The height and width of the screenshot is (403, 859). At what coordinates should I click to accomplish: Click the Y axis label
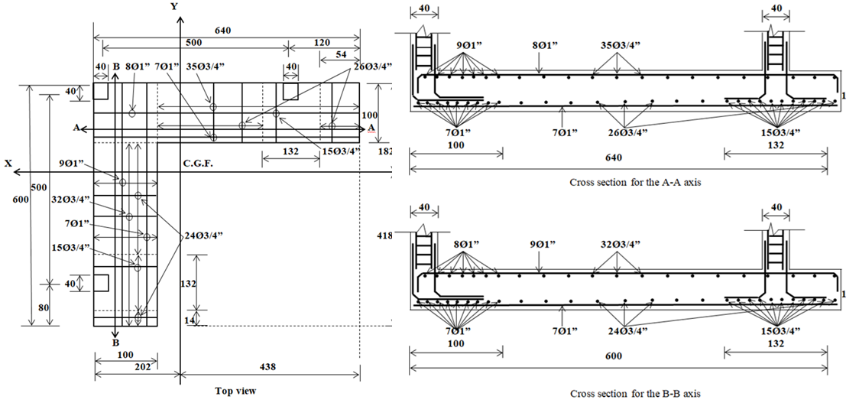point(175,6)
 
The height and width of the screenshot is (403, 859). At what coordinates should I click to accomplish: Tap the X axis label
point(8,163)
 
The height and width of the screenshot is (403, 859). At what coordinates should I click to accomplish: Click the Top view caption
point(235,391)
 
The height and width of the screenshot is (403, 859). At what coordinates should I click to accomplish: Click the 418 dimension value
point(385,236)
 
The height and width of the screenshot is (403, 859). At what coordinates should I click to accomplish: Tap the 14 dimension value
point(190,320)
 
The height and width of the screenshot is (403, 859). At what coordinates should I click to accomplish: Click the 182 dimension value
point(386,152)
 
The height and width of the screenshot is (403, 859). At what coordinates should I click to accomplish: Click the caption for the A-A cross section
point(636,183)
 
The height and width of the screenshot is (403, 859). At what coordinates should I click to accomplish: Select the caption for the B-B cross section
point(636,393)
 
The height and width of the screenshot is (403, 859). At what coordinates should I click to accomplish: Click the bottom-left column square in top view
point(101,283)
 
